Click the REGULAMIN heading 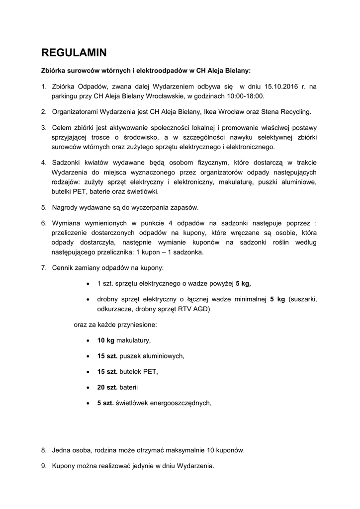pyautogui.click(x=74, y=52)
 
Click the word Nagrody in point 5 pyautogui.click(x=66, y=207)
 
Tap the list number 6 pyautogui.click(x=44, y=223)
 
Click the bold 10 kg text pyautogui.click(x=105, y=340)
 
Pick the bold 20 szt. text pyautogui.click(x=107, y=387)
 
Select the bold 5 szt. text pyautogui.click(x=105, y=403)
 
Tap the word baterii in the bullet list pyautogui.click(x=129, y=387)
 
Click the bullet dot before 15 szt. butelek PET pyautogui.click(x=88, y=372)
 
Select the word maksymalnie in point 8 pyautogui.click(x=186, y=450)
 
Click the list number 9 pyautogui.click(x=44, y=466)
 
